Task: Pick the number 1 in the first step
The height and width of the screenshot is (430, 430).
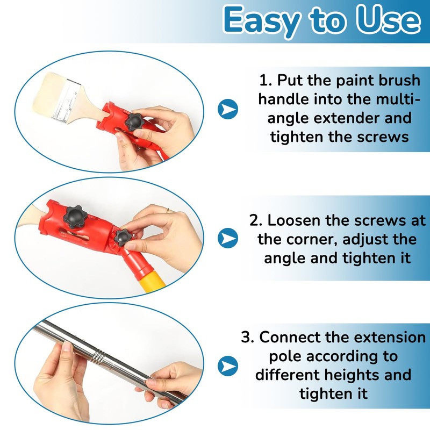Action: coord(263,81)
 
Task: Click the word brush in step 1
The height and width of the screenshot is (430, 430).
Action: coord(395,81)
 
